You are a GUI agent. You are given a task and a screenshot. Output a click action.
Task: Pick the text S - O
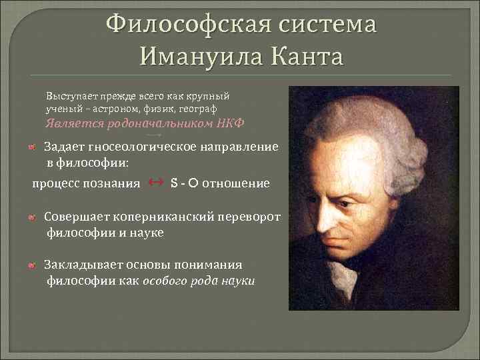click(184, 183)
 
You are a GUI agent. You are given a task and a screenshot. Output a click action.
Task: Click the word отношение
click(236, 183)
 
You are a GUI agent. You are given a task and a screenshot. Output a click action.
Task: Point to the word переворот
click(251, 217)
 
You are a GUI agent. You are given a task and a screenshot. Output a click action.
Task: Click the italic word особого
click(166, 281)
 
